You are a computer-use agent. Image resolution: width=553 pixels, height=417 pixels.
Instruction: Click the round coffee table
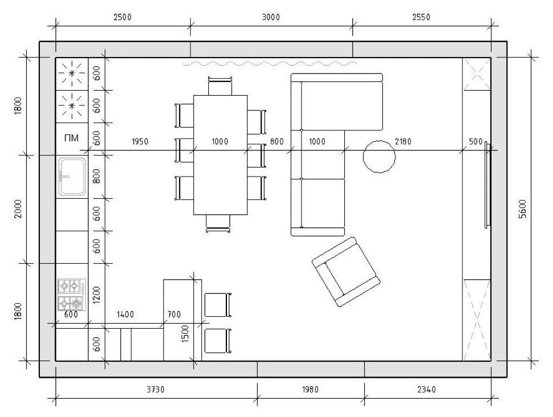(x=379, y=157)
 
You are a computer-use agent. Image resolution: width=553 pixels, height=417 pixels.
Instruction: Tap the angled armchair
(x=346, y=272)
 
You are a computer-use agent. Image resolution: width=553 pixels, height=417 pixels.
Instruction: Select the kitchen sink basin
(x=72, y=177)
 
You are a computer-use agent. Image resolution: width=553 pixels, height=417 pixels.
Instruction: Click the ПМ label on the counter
(x=71, y=138)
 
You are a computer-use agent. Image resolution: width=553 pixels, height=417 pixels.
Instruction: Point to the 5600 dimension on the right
(x=523, y=209)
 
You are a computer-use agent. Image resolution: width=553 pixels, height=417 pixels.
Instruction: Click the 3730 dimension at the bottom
(x=155, y=390)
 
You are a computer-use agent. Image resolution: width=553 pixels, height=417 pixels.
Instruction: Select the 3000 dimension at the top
(x=271, y=17)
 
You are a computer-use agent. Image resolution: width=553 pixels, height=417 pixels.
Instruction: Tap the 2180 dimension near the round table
(x=403, y=142)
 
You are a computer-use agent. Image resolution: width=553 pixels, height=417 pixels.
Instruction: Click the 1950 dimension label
(x=140, y=142)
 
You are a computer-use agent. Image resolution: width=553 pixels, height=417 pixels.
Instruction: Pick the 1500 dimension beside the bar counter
(x=185, y=334)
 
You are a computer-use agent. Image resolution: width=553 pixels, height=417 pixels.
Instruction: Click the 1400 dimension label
(x=125, y=314)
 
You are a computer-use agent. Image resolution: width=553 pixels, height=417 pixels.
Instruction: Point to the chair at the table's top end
(x=220, y=86)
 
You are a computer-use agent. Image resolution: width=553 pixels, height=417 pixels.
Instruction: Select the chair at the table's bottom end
(x=218, y=223)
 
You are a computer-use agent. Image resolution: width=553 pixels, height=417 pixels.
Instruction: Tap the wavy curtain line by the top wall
(x=270, y=63)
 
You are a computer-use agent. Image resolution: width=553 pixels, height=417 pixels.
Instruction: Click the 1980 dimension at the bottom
(x=311, y=390)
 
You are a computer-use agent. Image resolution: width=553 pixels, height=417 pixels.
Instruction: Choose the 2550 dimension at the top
(x=421, y=17)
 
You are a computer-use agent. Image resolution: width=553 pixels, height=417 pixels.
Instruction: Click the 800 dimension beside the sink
(x=97, y=176)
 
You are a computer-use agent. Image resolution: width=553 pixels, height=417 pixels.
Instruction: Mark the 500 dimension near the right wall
(x=476, y=142)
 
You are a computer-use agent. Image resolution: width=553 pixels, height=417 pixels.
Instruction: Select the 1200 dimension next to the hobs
(x=97, y=295)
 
